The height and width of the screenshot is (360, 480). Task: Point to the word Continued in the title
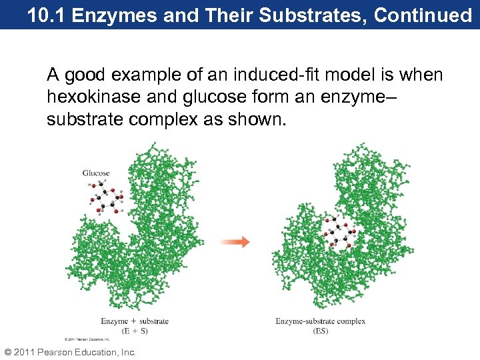(x=423, y=15)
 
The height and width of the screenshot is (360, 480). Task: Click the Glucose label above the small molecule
(x=96, y=173)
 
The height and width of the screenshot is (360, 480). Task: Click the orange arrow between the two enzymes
(x=236, y=242)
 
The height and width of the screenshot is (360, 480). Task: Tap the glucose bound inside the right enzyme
(x=339, y=234)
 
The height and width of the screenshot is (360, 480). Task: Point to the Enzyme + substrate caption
(x=135, y=321)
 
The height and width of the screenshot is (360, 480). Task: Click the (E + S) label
(x=135, y=330)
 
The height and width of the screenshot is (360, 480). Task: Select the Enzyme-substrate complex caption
(x=320, y=321)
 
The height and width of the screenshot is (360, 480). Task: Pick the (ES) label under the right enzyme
(x=320, y=330)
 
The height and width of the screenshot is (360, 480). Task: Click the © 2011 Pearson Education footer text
(x=70, y=352)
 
